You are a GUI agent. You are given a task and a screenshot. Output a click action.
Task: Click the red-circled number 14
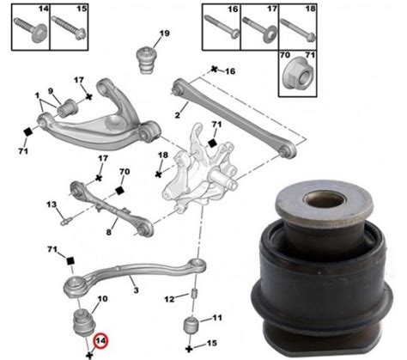click(100, 341)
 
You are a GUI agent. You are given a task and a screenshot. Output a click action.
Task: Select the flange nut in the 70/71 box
click(297, 75)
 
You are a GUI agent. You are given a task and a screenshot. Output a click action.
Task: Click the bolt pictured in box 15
click(69, 28)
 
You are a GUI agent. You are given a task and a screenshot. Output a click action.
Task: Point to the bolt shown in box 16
click(222, 27)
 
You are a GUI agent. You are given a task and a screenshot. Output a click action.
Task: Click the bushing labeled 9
click(68, 108)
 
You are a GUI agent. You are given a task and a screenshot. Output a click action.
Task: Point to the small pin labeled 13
click(66, 222)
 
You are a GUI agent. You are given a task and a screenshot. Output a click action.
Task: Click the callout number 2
click(178, 115)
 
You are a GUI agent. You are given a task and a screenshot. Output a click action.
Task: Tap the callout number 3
click(136, 290)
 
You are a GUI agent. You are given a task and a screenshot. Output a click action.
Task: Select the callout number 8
click(108, 232)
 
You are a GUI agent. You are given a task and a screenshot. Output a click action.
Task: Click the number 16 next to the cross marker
click(230, 71)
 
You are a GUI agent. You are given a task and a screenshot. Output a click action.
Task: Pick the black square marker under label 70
click(119, 190)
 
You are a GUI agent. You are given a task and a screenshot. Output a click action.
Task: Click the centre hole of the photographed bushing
click(324, 199)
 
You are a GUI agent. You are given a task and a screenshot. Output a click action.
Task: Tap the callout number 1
click(38, 95)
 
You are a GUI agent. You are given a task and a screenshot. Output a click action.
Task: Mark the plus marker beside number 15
click(189, 349)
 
